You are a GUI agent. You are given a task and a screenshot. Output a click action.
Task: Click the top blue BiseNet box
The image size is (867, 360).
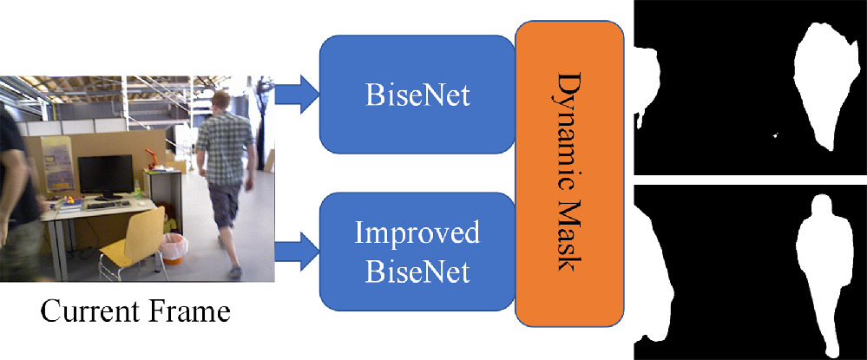click(417, 95)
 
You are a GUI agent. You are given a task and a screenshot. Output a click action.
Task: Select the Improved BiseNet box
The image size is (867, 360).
click(417, 252)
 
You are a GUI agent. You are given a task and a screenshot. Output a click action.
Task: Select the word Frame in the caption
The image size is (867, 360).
click(188, 311)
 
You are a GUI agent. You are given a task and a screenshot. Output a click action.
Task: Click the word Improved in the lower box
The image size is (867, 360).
click(417, 234)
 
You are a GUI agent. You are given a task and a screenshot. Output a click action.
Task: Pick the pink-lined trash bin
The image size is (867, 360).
click(174, 249)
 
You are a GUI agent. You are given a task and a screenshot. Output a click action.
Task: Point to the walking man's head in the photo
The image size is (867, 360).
click(222, 102)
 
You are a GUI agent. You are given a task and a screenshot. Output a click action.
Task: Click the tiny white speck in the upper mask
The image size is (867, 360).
click(775, 134)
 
